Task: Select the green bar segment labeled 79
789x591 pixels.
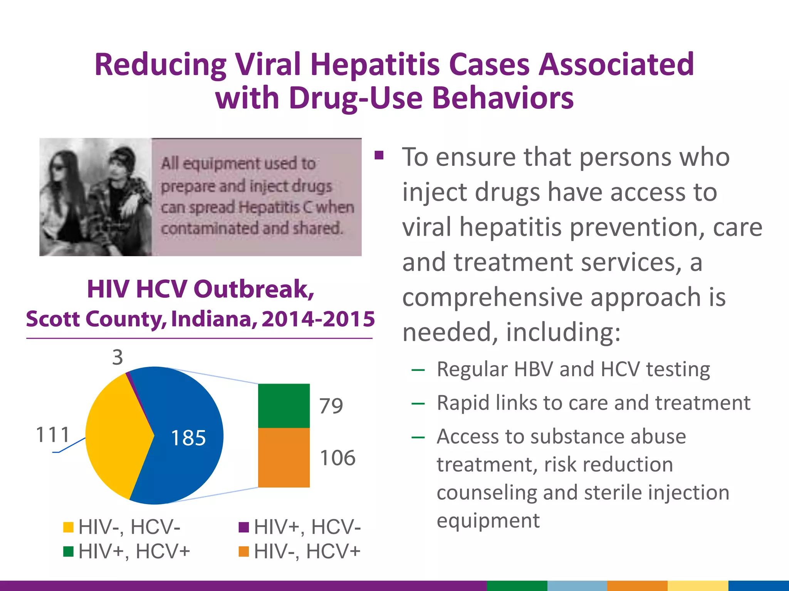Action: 284,406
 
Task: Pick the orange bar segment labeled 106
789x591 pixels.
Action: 284,457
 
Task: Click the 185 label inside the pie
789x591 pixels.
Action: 188,438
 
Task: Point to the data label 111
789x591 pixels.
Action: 53,435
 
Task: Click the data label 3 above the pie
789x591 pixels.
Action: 118,357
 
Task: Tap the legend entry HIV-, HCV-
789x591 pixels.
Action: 129,527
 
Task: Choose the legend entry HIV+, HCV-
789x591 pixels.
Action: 307,527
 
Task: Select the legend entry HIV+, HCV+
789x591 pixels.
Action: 134,551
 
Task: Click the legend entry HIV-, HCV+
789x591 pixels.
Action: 307,551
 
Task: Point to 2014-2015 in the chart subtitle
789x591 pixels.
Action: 318,319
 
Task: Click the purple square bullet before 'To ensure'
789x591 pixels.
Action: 379,155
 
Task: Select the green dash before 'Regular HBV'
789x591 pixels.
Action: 418,370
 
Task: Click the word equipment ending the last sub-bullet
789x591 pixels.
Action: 488,521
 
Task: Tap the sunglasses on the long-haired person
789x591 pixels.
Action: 60,167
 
